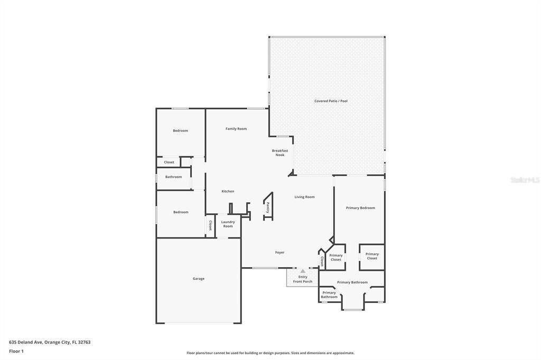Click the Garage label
coord(198,279)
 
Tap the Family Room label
coord(236,129)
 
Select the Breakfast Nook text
coord(280,153)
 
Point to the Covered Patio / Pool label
coord(331,101)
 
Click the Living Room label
coord(304,197)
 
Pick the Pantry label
coord(268,207)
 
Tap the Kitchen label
coord(228,191)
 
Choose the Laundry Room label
coord(228,224)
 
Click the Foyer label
coord(279,252)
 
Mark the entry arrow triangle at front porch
coord(303,271)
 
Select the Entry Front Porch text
coord(303,279)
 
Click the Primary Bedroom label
coord(360,208)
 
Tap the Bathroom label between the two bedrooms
coord(173,177)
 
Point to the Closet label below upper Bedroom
coord(169,162)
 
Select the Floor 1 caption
coord(16,351)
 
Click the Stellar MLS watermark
coord(525,180)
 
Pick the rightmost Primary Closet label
coord(372,256)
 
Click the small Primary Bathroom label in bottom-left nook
coord(329,295)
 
